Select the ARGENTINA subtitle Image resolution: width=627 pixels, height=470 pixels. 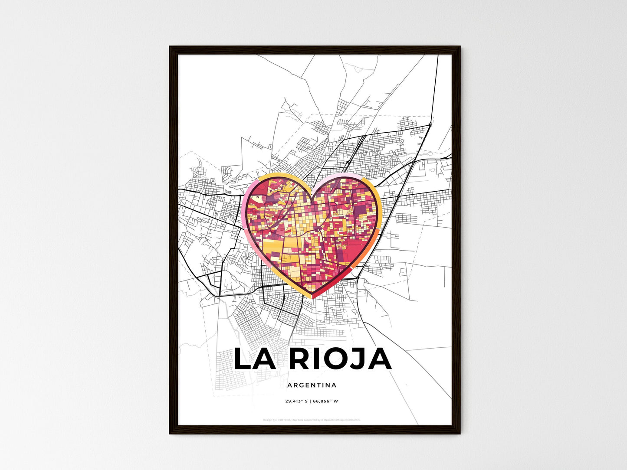312,385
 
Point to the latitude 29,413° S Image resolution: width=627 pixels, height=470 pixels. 296,401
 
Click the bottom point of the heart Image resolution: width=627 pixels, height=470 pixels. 312,297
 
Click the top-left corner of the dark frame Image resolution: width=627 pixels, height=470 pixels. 170,47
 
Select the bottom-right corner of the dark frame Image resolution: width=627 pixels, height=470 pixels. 460,433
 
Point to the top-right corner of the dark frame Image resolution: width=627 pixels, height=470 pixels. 460,47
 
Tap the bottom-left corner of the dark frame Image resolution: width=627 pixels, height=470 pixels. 170,433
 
